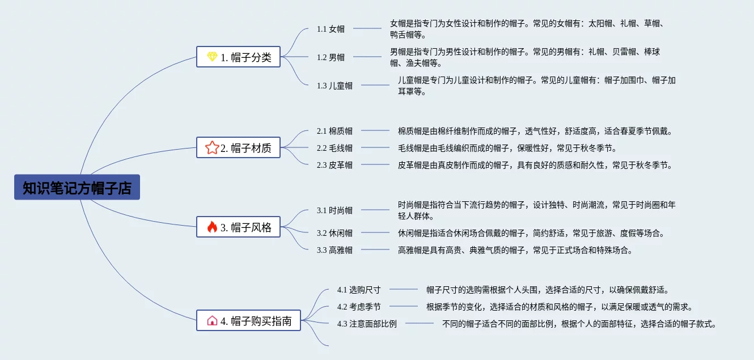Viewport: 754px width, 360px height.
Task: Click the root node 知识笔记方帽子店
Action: pos(77,188)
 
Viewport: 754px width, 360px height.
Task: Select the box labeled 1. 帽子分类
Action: pos(239,57)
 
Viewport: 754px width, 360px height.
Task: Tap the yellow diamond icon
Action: pos(212,57)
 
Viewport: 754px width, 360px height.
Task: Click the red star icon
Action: pos(212,148)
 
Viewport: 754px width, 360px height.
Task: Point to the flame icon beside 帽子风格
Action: pos(212,227)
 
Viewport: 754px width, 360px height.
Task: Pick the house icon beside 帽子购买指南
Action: pos(212,320)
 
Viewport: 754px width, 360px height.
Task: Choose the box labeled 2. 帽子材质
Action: pos(239,148)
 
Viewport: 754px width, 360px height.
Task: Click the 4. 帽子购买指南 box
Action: pos(249,320)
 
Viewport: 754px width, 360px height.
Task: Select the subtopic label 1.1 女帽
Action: pos(331,29)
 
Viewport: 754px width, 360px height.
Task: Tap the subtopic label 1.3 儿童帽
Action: pos(334,86)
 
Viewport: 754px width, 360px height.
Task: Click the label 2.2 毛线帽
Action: pos(334,148)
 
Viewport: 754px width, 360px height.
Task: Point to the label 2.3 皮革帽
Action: pos(334,165)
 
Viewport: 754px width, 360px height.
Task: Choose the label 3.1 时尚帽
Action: pos(334,210)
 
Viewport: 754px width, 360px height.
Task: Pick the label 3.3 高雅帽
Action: pos(334,249)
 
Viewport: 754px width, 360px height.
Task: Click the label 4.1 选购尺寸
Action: pos(358,290)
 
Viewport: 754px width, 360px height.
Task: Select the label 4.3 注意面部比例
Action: pos(366,324)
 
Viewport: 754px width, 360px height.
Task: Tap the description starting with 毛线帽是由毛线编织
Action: pos(507,148)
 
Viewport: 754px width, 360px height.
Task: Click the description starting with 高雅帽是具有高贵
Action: pos(515,249)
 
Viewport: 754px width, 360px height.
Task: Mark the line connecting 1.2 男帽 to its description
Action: pos(367,57)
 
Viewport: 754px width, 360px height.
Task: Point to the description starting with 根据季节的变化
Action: pos(559,307)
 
